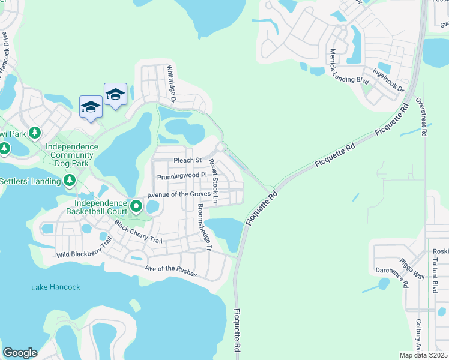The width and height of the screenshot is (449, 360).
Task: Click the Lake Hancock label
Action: (x=55, y=287)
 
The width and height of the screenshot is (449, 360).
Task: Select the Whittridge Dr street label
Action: (x=170, y=84)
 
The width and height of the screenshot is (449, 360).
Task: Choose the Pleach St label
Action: (x=187, y=160)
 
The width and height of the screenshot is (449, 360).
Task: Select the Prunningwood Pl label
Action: (x=182, y=177)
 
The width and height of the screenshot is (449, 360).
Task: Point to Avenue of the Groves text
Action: (x=179, y=194)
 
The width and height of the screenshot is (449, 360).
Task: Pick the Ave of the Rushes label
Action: (x=172, y=268)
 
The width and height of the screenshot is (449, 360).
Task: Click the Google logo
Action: (x=20, y=353)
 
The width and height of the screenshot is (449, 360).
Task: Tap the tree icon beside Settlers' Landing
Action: (x=70, y=180)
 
